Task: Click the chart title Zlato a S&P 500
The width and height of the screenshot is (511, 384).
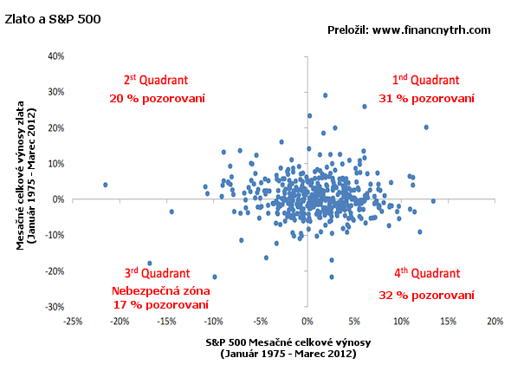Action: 53,19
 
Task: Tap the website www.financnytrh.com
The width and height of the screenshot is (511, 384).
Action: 431,30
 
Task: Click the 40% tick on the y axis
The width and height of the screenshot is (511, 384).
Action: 56,56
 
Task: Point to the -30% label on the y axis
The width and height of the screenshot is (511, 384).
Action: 55,307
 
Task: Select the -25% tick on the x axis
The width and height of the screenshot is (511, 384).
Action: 73,322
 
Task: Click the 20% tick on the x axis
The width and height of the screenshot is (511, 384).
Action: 495,322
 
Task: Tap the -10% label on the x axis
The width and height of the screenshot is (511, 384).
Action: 213,322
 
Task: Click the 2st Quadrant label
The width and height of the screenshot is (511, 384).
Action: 156,80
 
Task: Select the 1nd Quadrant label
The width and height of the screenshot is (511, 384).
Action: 425,80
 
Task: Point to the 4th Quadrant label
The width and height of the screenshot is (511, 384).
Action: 427,273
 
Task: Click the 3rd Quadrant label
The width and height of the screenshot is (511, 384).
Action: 157,273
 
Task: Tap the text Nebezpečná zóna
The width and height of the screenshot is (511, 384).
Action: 161,290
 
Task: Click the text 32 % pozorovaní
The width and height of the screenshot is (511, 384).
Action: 426,296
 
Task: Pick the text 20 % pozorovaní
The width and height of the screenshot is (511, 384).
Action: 157,99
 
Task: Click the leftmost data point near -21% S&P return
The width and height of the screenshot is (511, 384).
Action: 106,185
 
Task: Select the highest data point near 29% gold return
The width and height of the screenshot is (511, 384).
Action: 325,95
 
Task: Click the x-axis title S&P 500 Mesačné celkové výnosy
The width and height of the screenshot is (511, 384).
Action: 288,342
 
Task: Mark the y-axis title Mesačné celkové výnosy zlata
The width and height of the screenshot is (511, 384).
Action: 21,175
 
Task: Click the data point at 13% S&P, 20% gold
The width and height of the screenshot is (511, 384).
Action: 426,127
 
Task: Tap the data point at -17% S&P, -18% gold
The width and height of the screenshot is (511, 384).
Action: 150,263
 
